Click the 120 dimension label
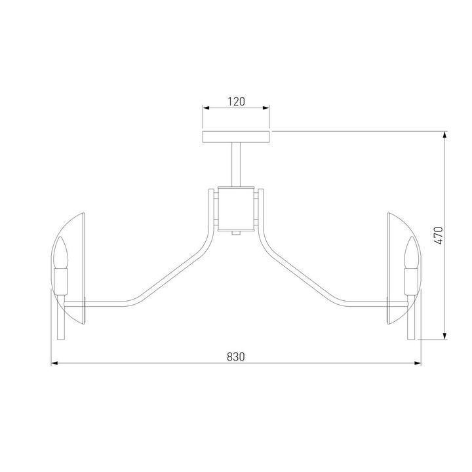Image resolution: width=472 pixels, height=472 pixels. (x=236, y=102)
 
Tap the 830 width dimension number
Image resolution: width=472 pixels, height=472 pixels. (x=236, y=357)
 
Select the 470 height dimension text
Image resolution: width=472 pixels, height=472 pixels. (x=439, y=235)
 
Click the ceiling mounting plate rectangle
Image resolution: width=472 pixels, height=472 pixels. (x=236, y=136)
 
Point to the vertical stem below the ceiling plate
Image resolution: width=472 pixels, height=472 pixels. (x=236, y=165)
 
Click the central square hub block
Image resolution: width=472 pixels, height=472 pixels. (x=236, y=208)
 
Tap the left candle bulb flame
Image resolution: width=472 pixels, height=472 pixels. (x=61, y=252)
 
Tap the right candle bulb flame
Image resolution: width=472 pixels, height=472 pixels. (x=411, y=252)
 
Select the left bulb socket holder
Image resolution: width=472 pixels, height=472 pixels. (x=61, y=282)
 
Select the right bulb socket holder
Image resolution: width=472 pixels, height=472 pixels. (x=411, y=282)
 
